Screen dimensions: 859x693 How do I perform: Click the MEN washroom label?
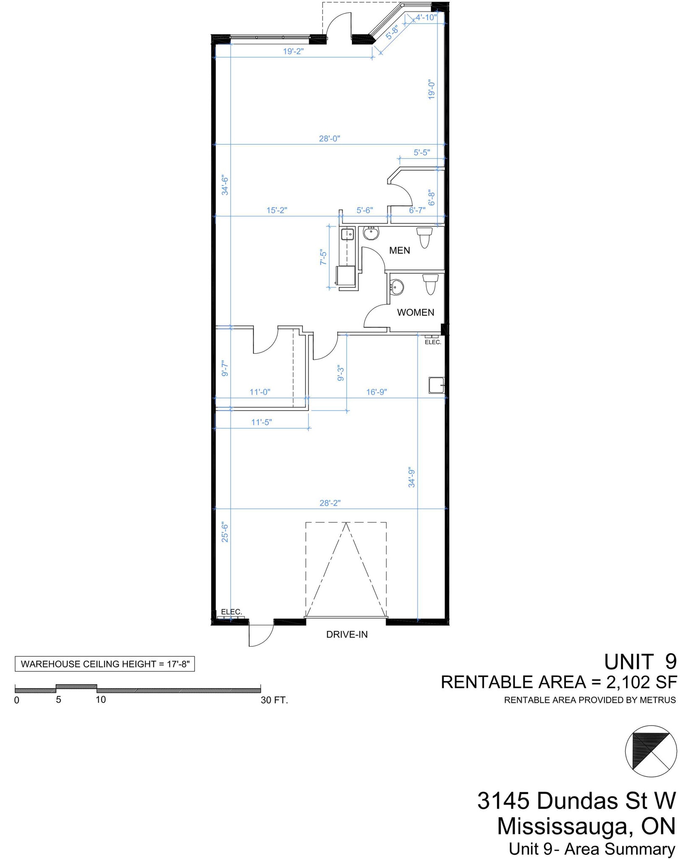click(x=399, y=250)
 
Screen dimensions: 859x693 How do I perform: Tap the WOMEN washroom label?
click(x=415, y=312)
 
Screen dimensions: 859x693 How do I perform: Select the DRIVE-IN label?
click(x=347, y=635)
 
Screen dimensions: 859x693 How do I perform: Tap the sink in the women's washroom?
click(x=397, y=287)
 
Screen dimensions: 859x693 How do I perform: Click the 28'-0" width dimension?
click(x=329, y=138)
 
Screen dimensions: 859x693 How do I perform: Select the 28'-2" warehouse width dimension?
click(x=330, y=503)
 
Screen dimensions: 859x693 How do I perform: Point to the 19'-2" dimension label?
click(x=293, y=52)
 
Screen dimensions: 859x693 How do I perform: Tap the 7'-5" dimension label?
click(x=323, y=257)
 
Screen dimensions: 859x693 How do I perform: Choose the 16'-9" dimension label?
click(x=376, y=392)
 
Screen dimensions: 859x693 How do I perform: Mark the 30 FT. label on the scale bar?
click(x=274, y=700)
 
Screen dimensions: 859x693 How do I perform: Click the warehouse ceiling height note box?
click(x=105, y=664)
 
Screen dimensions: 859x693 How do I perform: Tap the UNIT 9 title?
click(x=640, y=662)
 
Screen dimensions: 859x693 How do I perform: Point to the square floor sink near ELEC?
click(x=436, y=385)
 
